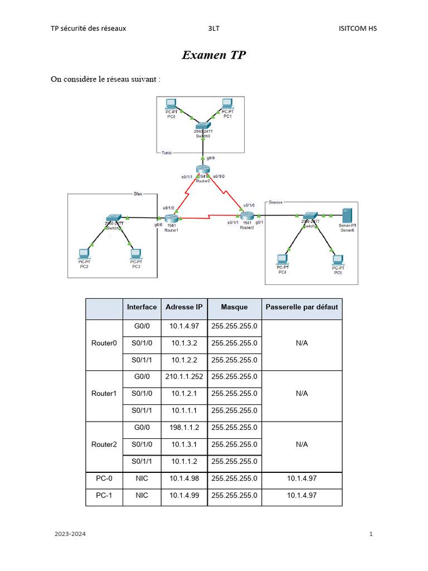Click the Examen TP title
tap(214, 55)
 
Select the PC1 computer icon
tap(227, 104)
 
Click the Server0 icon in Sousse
tap(347, 215)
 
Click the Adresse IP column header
tap(184, 307)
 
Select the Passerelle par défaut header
tap(301, 307)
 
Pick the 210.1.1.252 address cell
tap(184, 376)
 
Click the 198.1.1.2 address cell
tap(184, 427)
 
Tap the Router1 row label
tap(104, 394)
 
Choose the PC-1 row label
tap(104, 495)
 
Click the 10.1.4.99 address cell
tap(184, 495)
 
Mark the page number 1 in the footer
tap(371, 534)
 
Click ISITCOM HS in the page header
tap(357, 28)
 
